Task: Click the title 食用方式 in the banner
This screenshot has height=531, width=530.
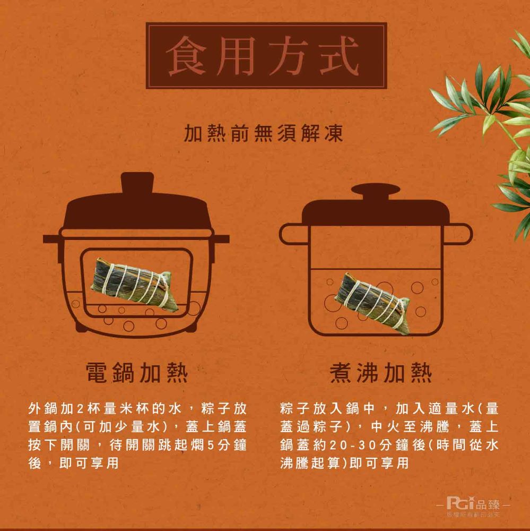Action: (266, 55)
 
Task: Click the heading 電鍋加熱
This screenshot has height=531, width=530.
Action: (137, 373)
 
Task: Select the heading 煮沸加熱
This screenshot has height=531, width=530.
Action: (380, 373)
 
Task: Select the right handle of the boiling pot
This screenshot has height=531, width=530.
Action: (458, 234)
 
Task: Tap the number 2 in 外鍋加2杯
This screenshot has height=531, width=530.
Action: (81, 410)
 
